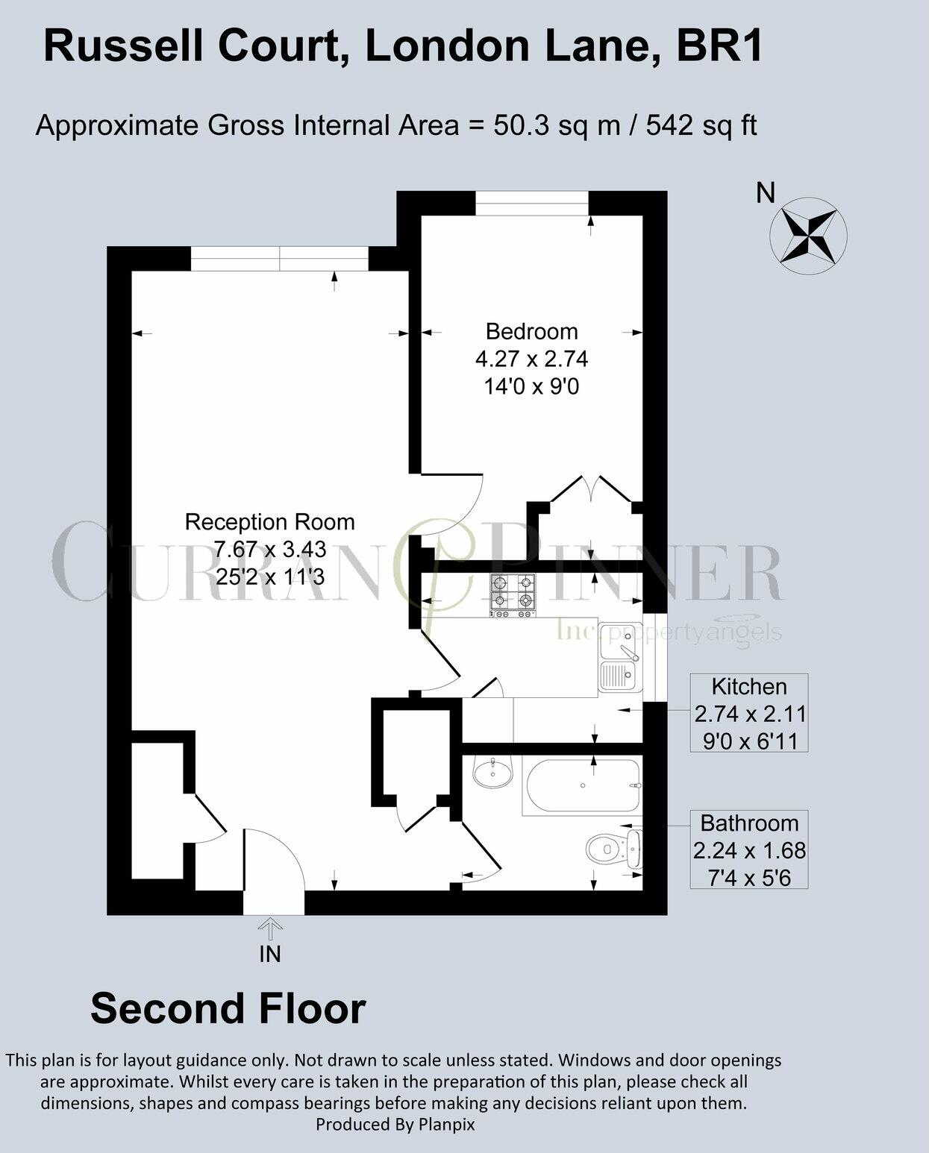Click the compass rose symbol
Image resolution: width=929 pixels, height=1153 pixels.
click(808, 234)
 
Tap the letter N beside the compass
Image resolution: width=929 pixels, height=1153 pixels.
click(766, 193)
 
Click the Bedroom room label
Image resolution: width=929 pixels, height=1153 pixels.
click(531, 331)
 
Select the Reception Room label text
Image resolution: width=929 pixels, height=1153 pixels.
click(269, 521)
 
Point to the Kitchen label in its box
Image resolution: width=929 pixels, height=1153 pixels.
click(749, 686)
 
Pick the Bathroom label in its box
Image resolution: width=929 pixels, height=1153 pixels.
click(749, 823)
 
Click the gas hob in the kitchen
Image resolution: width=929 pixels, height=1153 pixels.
click(513, 594)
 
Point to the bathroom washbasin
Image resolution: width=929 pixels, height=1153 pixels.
click(492, 772)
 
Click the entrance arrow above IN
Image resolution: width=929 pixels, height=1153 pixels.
click(270, 928)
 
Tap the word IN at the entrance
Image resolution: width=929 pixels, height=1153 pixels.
click(270, 954)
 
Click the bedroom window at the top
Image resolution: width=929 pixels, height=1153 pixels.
click(532, 203)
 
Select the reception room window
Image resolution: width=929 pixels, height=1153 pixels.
click(280, 260)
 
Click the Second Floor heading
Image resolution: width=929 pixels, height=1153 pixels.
click(228, 1008)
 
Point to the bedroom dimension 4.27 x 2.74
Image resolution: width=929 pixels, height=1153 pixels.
click(531, 359)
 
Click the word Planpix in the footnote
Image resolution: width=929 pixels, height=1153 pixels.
click(445, 1124)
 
